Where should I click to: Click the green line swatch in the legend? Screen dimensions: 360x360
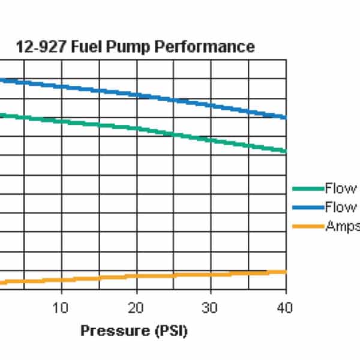[307, 189]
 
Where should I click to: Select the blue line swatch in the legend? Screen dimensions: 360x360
[307, 208]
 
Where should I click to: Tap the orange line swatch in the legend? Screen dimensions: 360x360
[307, 226]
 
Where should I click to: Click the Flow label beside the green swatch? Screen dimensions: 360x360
[341, 189]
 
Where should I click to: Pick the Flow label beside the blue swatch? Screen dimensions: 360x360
[341, 208]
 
